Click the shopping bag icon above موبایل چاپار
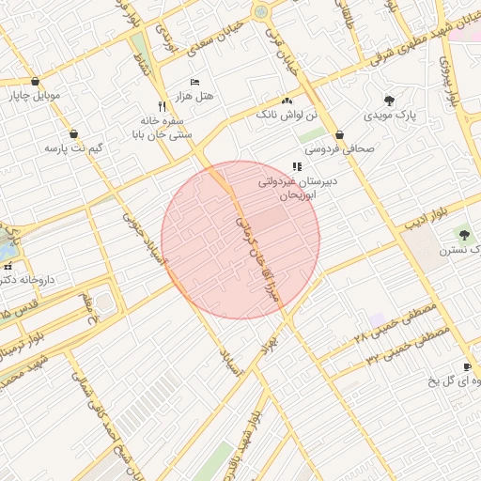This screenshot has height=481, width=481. [x=35, y=81]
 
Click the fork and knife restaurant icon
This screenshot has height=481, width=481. [x=163, y=107]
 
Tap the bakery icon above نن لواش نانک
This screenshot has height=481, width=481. [x=287, y=101]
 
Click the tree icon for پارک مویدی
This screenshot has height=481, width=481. [x=389, y=101]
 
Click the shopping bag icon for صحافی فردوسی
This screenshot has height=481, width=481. [x=339, y=134]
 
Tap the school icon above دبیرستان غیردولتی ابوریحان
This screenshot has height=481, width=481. [x=297, y=166]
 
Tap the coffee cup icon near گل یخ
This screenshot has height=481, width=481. [x=467, y=366]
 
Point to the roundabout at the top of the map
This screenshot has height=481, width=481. [x=260, y=12]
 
